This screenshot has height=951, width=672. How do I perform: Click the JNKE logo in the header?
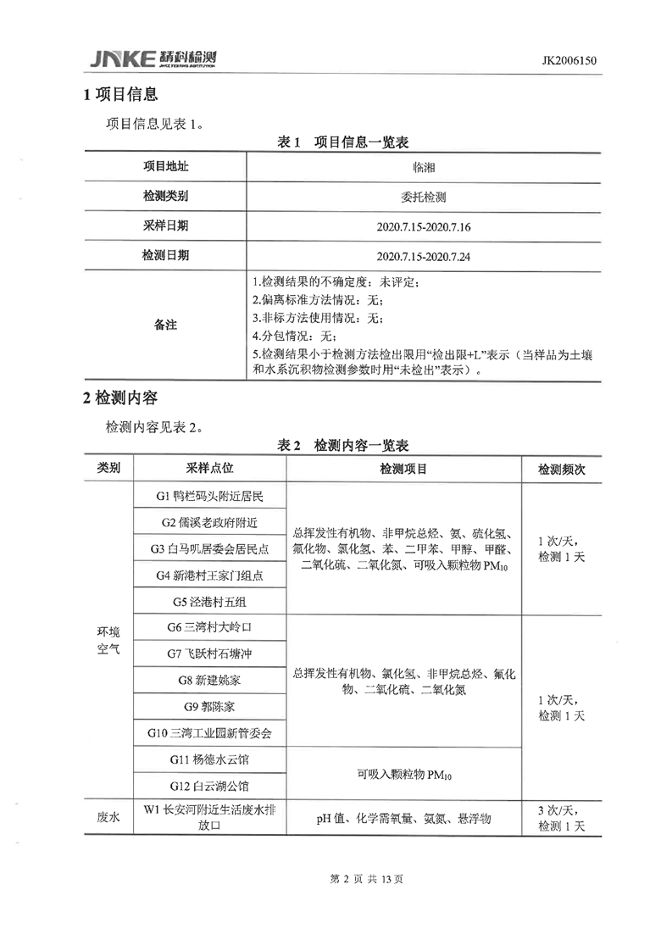coord(153,59)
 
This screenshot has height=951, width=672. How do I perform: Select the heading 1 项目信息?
coord(121,95)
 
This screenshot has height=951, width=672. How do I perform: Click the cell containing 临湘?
coord(424,167)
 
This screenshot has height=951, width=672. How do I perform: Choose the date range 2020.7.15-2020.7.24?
coord(424,255)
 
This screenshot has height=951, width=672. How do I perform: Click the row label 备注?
coord(165,325)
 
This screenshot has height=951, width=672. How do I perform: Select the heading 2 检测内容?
coord(121,398)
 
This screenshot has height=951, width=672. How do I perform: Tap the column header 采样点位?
coord(209,468)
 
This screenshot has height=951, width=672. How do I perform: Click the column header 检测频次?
coord(562,469)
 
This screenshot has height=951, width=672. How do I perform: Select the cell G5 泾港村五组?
coord(210,602)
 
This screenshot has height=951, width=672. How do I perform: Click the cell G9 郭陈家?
coord(210,706)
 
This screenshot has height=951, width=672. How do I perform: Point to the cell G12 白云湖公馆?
coord(210,786)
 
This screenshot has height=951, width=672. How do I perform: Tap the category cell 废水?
coord(108,818)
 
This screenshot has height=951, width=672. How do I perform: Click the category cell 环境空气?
coord(108,642)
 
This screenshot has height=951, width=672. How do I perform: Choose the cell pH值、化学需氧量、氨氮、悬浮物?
coord(403,819)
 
